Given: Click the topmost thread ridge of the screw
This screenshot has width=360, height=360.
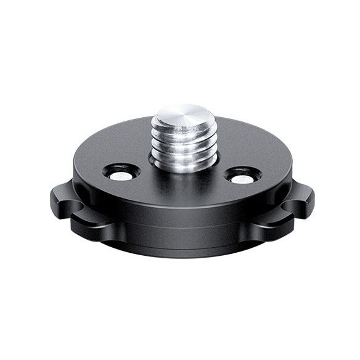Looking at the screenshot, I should tap(182, 131).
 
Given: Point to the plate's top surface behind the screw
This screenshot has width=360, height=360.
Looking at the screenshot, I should tap(234, 139).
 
